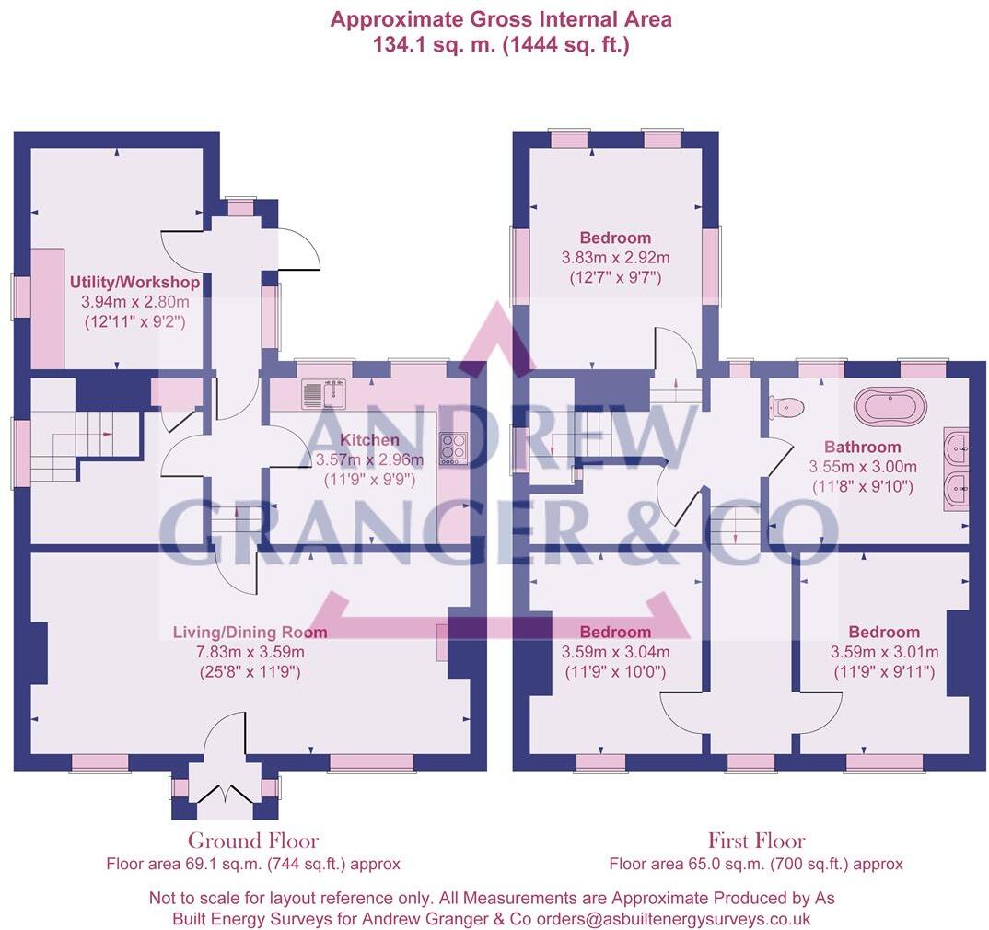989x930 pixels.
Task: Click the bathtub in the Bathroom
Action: (x=890, y=404)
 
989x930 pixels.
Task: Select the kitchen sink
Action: (x=323, y=395)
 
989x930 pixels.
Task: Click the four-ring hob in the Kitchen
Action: (x=452, y=447)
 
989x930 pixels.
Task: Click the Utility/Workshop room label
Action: (x=134, y=282)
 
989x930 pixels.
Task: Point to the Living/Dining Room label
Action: (x=250, y=633)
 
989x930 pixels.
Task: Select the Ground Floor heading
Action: (x=253, y=841)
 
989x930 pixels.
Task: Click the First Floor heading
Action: (x=756, y=841)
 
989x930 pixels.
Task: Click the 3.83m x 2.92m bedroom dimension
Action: (x=615, y=257)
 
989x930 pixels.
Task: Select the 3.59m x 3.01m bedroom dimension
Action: (x=883, y=652)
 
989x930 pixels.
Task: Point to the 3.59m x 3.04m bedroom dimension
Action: (x=614, y=652)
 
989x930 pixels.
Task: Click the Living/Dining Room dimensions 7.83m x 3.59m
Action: (x=250, y=652)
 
